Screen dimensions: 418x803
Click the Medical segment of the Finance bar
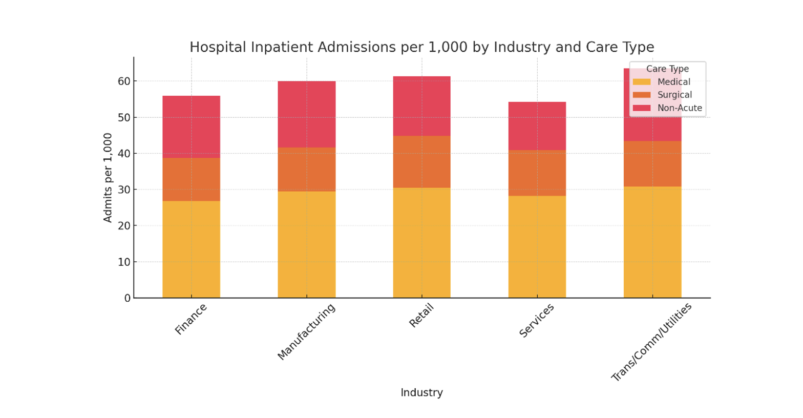pos(191,249)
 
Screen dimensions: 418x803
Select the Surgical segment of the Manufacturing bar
pos(306,169)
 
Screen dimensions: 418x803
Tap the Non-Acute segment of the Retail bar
pos(421,106)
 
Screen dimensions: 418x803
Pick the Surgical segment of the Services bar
pos(537,173)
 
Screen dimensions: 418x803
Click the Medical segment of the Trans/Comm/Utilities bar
pos(652,242)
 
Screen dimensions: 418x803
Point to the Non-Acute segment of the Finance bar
pos(191,127)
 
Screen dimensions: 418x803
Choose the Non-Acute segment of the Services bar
pos(537,126)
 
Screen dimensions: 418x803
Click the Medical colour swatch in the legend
pos(641,82)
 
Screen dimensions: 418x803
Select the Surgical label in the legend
pos(674,95)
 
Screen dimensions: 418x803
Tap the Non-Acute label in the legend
pos(680,108)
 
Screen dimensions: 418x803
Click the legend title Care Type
pos(667,69)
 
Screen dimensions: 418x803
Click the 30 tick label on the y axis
pos(124,190)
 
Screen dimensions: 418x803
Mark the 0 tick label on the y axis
pos(127,298)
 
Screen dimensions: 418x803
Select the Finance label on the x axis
pos(191,319)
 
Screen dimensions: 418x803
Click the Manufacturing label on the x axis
pos(306,331)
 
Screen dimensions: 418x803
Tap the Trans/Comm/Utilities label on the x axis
pos(651,342)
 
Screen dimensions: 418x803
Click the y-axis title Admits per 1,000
pos(108,178)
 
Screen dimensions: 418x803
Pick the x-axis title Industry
pos(421,392)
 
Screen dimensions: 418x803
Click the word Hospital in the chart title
pos(216,47)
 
